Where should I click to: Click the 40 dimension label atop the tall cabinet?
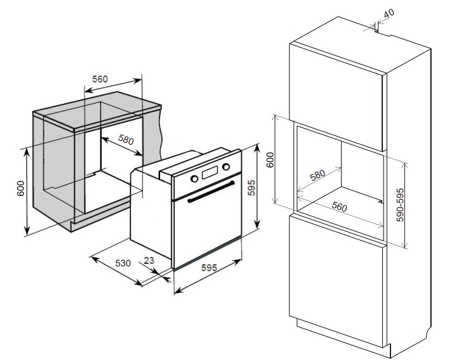[x=389, y=13]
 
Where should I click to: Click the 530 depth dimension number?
[x=123, y=263]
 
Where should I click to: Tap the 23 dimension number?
[x=149, y=260]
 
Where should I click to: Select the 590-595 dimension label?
[x=400, y=205]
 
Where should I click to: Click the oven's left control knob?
[x=194, y=178]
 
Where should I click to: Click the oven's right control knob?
[x=226, y=166]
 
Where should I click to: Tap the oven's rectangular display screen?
[x=210, y=172]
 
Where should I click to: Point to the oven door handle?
[x=211, y=192]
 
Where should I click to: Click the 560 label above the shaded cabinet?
[x=100, y=79]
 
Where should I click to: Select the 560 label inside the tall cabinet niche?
[x=339, y=207]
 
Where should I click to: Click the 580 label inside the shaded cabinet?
[x=126, y=139]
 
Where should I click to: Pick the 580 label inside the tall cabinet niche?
[x=318, y=175]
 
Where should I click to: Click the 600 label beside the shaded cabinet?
[x=20, y=188]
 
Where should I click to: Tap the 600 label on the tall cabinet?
[x=270, y=160]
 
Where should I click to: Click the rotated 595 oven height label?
[x=251, y=188]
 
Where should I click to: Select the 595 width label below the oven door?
[x=209, y=268]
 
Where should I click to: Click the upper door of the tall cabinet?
[x=335, y=97]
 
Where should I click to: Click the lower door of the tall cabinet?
[x=336, y=281]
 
